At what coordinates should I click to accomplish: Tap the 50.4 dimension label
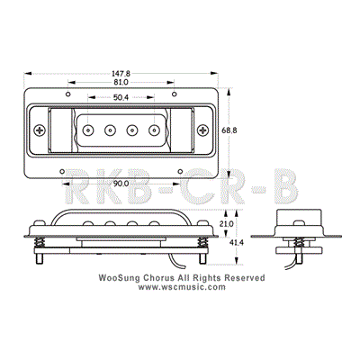(120, 96)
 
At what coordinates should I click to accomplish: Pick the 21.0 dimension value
(228, 223)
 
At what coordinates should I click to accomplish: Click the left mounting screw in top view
(39, 130)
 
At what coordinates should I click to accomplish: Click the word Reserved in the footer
(245, 279)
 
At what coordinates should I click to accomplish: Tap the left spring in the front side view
(40, 242)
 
